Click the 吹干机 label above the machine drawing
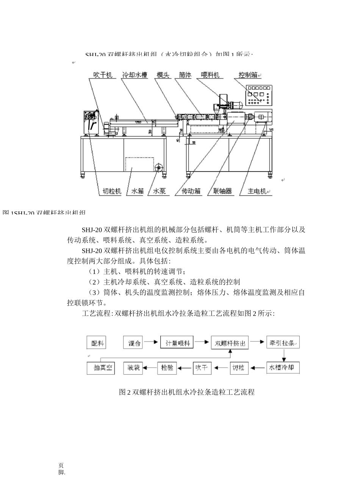pyautogui.click(x=103, y=75)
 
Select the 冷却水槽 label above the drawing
pyautogui.click(x=135, y=75)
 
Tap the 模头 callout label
pyautogui.click(x=163, y=75)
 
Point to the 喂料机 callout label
pyautogui.click(x=210, y=75)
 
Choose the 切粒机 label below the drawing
pyautogui.click(x=112, y=191)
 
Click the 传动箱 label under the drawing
pyautogui.click(x=191, y=191)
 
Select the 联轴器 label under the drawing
pyautogui.click(x=222, y=191)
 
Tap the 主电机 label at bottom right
pyautogui.click(x=257, y=191)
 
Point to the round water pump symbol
pyautogui.click(x=158, y=167)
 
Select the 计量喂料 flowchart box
pyautogui.click(x=177, y=343)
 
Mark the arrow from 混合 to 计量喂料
pyautogui.click(x=151, y=342)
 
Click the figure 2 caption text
pyautogui.click(x=186, y=392)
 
